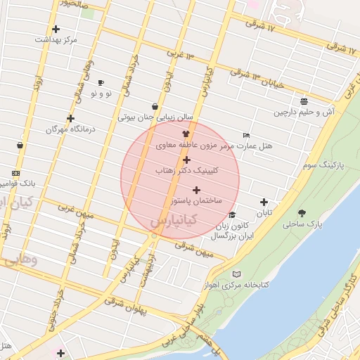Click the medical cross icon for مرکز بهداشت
pos(56,29)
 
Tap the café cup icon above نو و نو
pos(101,82)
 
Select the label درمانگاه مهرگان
pos(70,129)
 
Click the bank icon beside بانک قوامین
pos(15,173)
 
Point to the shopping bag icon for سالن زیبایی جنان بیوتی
pos(155,107)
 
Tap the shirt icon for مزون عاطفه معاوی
pos(186,133)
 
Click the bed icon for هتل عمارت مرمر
pos(245,135)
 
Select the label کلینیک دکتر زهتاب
pos(185,171)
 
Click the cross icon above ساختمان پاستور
pos(196,190)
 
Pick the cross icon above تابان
pos(264,202)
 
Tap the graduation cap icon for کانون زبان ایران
pos(232,215)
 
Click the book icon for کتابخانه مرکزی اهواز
pos(237,274)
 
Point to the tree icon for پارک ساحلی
pos(302,213)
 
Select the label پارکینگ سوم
pos(324,165)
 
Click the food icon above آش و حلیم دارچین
pos(304,101)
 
